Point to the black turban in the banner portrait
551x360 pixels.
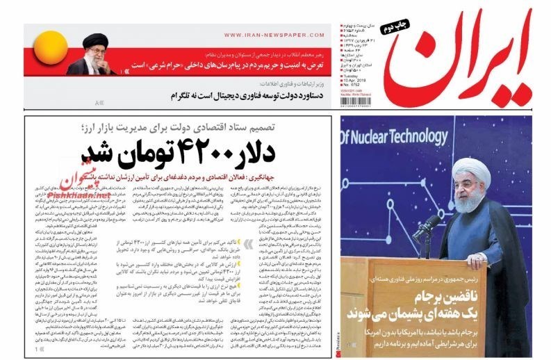(94, 40)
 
